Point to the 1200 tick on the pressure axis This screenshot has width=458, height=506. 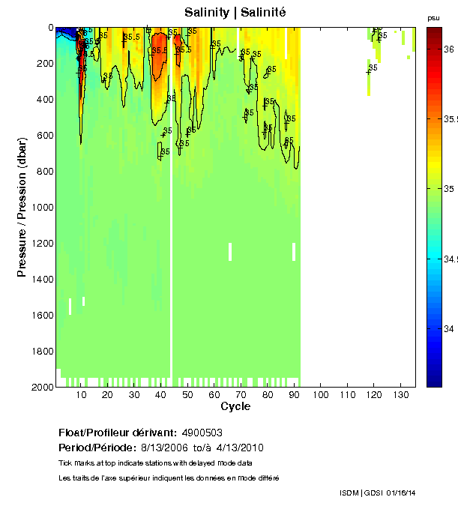click(56, 243)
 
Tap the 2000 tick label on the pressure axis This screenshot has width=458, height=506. click(41, 387)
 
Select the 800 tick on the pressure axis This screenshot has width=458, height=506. click(56, 171)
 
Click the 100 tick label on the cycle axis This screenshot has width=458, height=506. click(321, 394)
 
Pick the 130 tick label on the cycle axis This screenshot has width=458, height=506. click(400, 394)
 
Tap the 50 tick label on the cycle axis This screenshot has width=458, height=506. click(187, 394)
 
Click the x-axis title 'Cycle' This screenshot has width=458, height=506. click(235, 407)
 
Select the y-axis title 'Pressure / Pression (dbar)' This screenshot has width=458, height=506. click(22, 207)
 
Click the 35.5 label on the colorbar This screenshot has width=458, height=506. click(451, 118)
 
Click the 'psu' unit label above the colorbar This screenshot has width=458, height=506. click(433, 17)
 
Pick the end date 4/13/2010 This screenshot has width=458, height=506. click(239, 448)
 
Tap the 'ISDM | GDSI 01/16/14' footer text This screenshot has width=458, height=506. click(377, 493)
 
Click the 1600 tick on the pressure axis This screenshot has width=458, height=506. click(56, 315)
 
